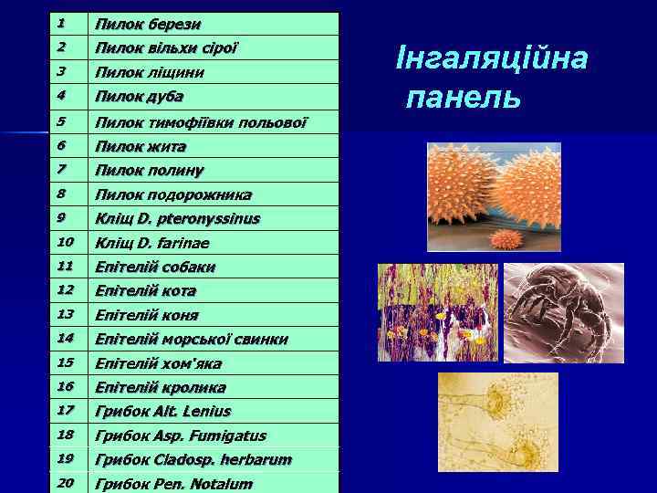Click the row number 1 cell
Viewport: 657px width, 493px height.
(61, 23)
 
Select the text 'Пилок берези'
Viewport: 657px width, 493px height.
(149, 24)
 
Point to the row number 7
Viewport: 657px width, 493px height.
(61, 170)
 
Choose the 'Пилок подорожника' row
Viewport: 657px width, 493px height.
(173, 194)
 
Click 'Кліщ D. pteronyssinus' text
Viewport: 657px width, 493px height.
(178, 219)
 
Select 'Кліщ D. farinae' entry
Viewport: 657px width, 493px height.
(152, 243)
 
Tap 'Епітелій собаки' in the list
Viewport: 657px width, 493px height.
(155, 267)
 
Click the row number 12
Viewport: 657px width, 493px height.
(64, 290)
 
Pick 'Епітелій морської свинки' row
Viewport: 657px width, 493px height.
(192, 340)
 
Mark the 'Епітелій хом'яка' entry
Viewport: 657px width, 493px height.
(159, 363)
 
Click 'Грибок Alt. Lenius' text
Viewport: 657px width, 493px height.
(163, 412)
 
